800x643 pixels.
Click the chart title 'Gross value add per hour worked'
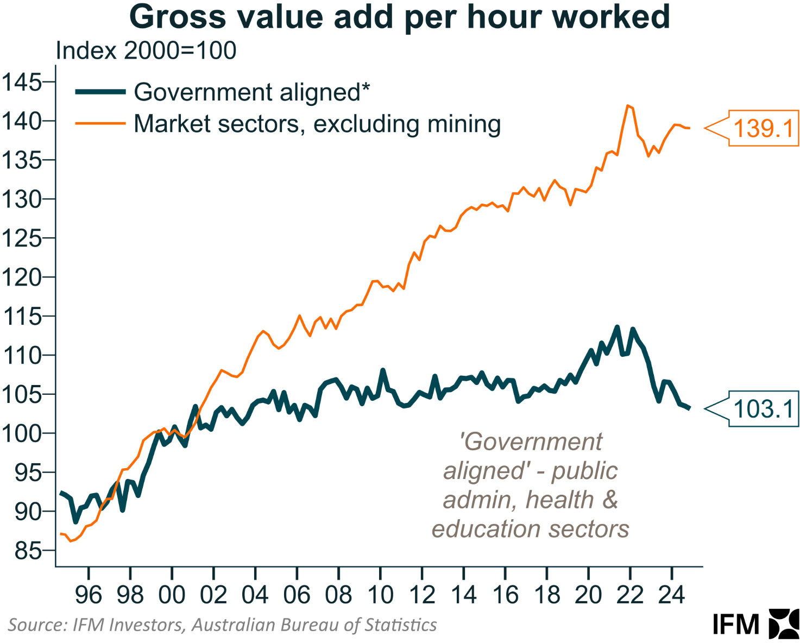(400, 17)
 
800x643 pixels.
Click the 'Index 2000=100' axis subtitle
(146, 51)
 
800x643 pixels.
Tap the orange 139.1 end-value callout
(763, 129)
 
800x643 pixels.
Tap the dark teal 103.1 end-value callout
(763, 409)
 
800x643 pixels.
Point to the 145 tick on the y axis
(22, 83)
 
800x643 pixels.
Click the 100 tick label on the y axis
(22, 433)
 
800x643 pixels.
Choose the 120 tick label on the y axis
(22, 278)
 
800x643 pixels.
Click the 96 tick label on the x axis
(89, 595)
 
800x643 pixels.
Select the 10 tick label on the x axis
(380, 595)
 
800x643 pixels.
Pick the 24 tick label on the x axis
(672, 595)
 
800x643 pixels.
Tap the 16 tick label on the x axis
(505, 595)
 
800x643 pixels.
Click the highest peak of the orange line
(628, 105)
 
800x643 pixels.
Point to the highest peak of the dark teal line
(617, 327)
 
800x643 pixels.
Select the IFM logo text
(736, 625)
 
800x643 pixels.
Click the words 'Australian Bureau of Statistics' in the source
(314, 625)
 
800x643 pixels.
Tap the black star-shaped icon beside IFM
(784, 623)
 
